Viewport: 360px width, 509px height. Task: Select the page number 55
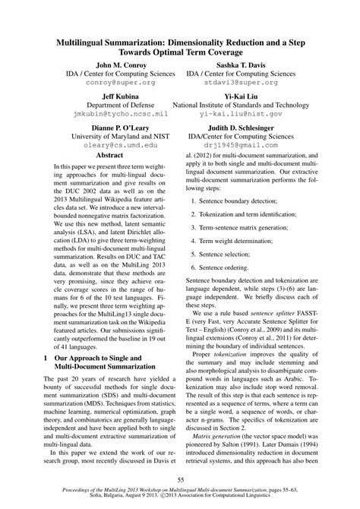pos(180,478)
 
